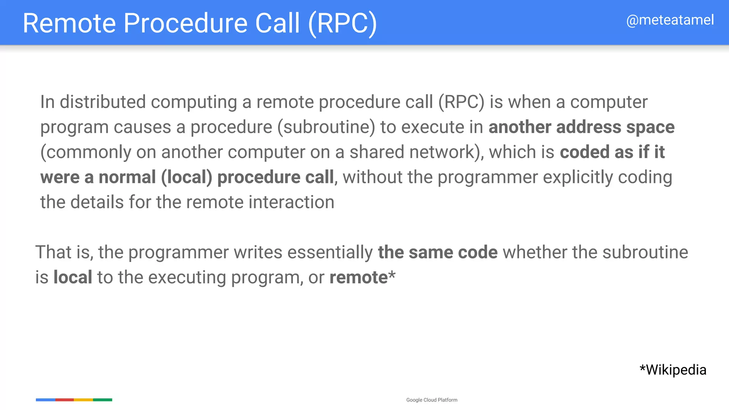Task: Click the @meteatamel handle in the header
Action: (x=670, y=20)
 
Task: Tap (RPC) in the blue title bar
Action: (x=342, y=23)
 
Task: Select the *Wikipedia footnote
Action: (x=673, y=370)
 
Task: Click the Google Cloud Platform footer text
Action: (x=432, y=400)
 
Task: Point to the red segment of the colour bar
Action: (x=64, y=400)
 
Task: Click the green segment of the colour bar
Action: (x=103, y=400)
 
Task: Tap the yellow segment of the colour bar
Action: (x=83, y=400)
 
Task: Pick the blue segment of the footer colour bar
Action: (x=46, y=400)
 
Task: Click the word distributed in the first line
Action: (x=103, y=102)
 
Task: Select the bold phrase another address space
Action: (x=581, y=127)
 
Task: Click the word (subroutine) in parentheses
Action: (x=326, y=127)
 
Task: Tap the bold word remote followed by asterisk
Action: (x=358, y=277)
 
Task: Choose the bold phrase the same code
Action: (x=437, y=252)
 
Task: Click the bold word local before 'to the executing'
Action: (x=73, y=277)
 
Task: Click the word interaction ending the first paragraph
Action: (x=291, y=202)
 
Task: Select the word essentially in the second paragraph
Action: (x=330, y=252)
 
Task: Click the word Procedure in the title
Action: (x=185, y=23)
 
